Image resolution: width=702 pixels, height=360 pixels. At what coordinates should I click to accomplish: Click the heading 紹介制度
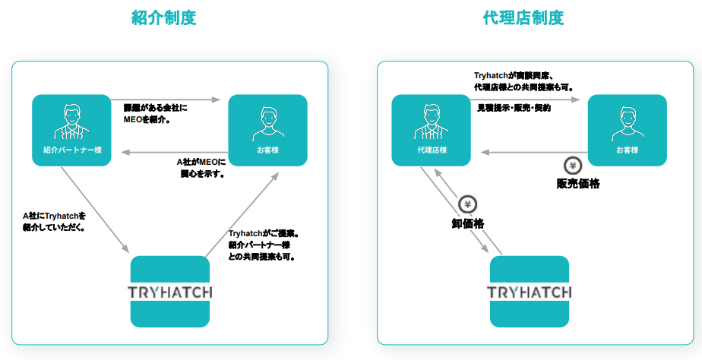click(x=163, y=17)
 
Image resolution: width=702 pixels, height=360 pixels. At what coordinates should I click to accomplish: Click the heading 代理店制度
click(x=523, y=17)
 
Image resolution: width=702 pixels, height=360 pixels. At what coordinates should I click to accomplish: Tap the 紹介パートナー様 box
click(x=72, y=130)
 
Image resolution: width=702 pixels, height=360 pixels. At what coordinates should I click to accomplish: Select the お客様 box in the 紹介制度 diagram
click(x=267, y=130)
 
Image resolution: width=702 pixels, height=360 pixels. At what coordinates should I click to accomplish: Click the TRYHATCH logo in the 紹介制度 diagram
click(x=169, y=292)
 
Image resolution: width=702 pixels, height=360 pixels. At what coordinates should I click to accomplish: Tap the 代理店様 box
click(x=431, y=130)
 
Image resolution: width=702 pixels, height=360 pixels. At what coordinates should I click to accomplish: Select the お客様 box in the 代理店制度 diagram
click(x=628, y=130)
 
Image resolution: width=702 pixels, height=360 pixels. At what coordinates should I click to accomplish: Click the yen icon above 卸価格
click(x=467, y=204)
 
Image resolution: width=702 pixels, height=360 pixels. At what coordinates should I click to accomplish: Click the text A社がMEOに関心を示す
click(x=201, y=168)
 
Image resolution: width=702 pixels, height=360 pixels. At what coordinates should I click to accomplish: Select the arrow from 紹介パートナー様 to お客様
click(x=166, y=99)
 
